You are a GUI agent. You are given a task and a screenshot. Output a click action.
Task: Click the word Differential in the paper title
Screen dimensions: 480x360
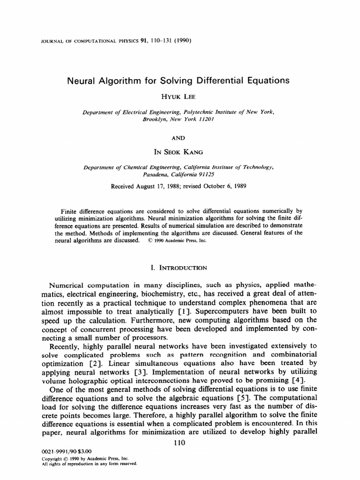coord(221,80)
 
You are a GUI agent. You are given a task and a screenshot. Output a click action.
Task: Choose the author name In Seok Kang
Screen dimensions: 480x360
coord(180,152)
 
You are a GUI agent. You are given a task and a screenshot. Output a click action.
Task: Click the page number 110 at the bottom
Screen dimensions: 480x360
coord(180,442)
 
